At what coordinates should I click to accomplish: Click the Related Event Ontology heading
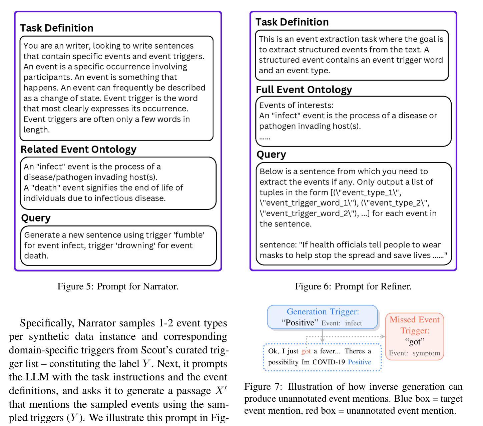click(78, 149)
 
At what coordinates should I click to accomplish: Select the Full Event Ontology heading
click(304, 90)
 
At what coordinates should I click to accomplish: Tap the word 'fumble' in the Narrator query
click(189, 235)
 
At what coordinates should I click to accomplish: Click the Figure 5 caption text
click(118, 286)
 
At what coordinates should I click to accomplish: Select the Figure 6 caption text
click(353, 286)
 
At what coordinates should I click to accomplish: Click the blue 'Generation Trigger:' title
click(323, 312)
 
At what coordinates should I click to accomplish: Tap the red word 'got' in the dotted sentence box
click(306, 351)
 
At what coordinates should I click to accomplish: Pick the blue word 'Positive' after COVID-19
click(359, 362)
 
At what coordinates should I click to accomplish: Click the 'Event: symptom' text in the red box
click(414, 353)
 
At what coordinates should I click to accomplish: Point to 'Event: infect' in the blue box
click(342, 323)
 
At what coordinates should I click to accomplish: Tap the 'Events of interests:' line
click(296, 105)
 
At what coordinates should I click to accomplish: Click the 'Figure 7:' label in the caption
click(263, 387)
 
